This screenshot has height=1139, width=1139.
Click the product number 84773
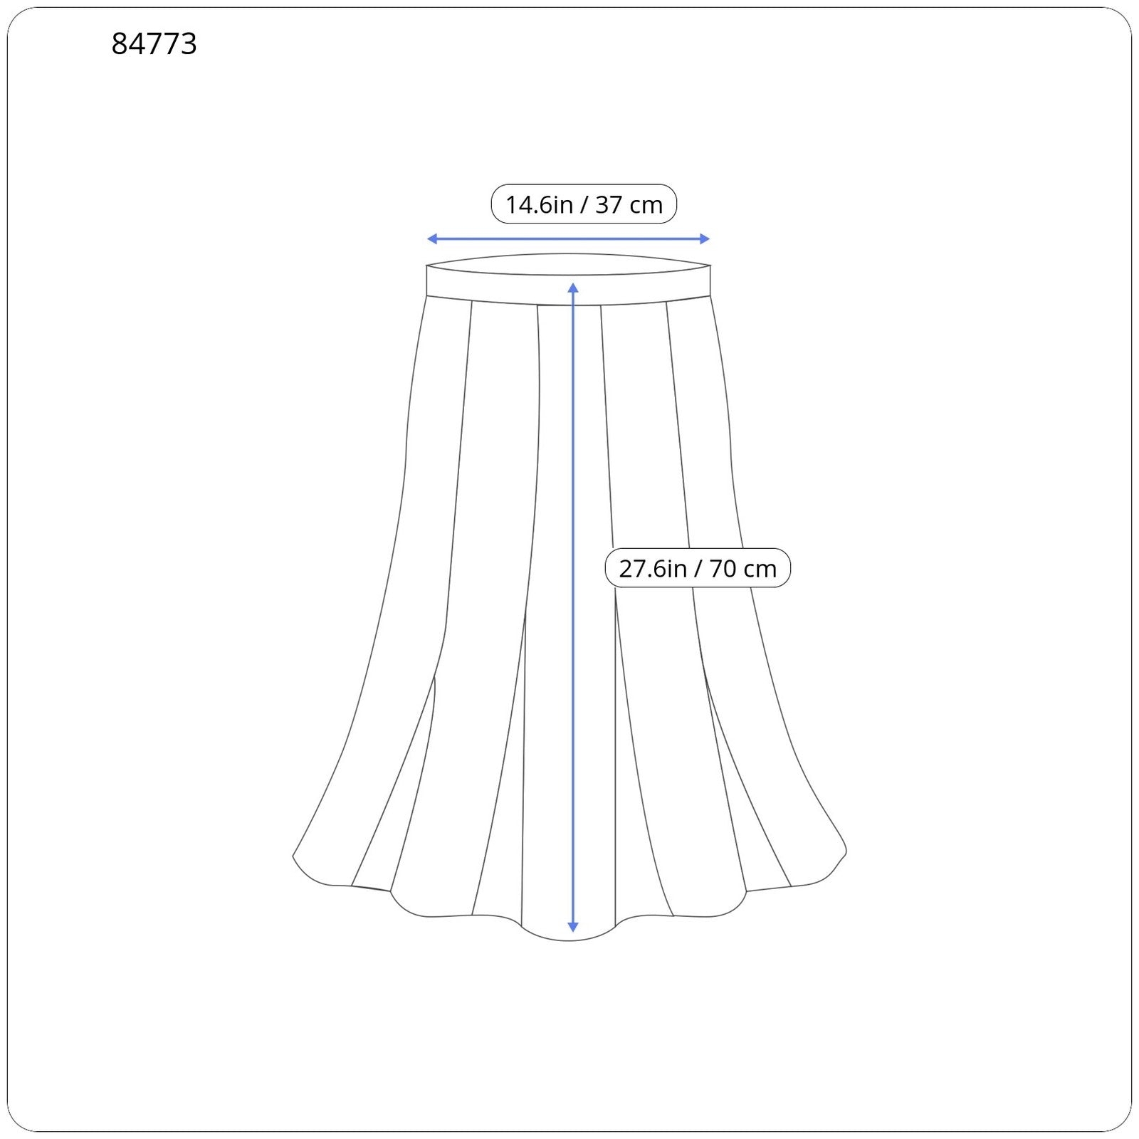pyautogui.click(x=154, y=44)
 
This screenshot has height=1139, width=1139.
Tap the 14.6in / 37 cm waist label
pyautogui.click(x=584, y=204)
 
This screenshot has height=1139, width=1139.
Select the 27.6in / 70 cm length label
pyautogui.click(x=698, y=568)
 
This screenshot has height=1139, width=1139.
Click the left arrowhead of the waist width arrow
pyautogui.click(x=431, y=239)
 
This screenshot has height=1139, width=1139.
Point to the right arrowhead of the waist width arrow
pyautogui.click(x=705, y=239)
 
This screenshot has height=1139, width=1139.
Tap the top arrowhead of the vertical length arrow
pyautogui.click(x=573, y=287)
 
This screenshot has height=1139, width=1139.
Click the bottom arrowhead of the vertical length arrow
pyautogui.click(x=573, y=927)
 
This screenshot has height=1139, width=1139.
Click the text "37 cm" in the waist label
pyautogui.click(x=629, y=205)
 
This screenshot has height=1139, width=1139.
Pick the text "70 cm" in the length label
pyautogui.click(x=743, y=569)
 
